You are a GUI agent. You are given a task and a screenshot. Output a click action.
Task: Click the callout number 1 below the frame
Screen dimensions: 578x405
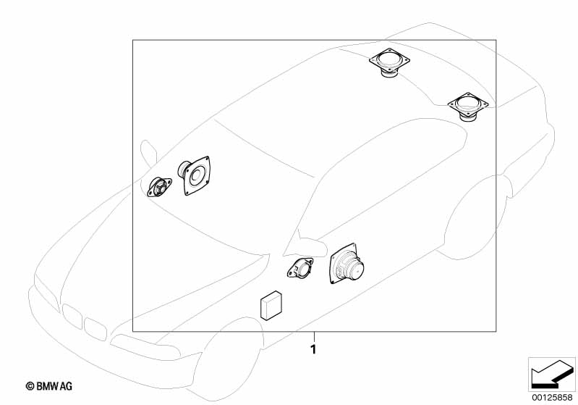(313, 349)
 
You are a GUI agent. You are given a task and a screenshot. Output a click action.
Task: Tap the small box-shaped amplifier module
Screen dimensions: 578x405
(271, 304)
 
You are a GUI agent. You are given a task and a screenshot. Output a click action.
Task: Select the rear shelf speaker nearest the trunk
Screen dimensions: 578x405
(468, 107)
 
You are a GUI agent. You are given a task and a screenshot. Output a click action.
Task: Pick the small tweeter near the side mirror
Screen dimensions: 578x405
(159, 187)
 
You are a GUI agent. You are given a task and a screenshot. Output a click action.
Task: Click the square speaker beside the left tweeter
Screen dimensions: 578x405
(195, 175)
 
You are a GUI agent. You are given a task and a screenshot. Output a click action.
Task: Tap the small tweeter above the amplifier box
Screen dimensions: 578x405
(300, 267)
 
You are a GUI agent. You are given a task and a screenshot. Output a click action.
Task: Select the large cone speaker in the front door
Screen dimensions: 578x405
(345, 264)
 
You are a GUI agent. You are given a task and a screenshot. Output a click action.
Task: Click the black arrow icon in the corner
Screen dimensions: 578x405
(552, 375)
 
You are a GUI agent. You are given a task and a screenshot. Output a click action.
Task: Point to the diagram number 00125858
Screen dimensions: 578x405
(552, 397)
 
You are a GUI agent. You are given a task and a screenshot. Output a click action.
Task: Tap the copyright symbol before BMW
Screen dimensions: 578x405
(30, 386)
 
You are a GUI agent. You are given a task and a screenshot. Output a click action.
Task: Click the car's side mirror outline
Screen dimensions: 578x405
(149, 151)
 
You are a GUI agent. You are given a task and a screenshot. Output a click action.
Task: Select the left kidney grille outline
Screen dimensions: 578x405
(72, 316)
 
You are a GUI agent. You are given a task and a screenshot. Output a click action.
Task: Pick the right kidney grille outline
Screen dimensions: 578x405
(95, 328)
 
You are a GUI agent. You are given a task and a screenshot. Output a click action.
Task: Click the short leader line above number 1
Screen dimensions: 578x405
(314, 337)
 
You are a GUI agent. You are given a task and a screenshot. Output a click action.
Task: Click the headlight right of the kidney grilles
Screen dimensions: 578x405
(144, 346)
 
